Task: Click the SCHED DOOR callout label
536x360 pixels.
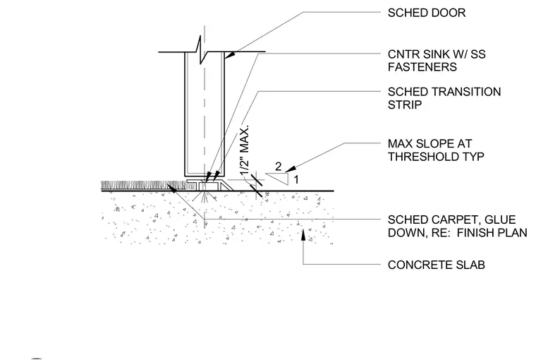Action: [x=427, y=13]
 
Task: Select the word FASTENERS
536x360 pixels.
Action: [x=422, y=67]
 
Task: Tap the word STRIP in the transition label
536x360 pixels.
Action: [x=404, y=104]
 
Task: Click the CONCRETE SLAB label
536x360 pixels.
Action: [x=436, y=265]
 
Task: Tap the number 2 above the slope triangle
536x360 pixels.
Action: [x=279, y=167]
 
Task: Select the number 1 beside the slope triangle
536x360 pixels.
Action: [x=296, y=179]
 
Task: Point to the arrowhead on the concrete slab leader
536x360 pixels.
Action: [x=303, y=235]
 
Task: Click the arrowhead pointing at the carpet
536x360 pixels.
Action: [x=172, y=188]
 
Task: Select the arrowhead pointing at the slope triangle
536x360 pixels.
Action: [x=291, y=169]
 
